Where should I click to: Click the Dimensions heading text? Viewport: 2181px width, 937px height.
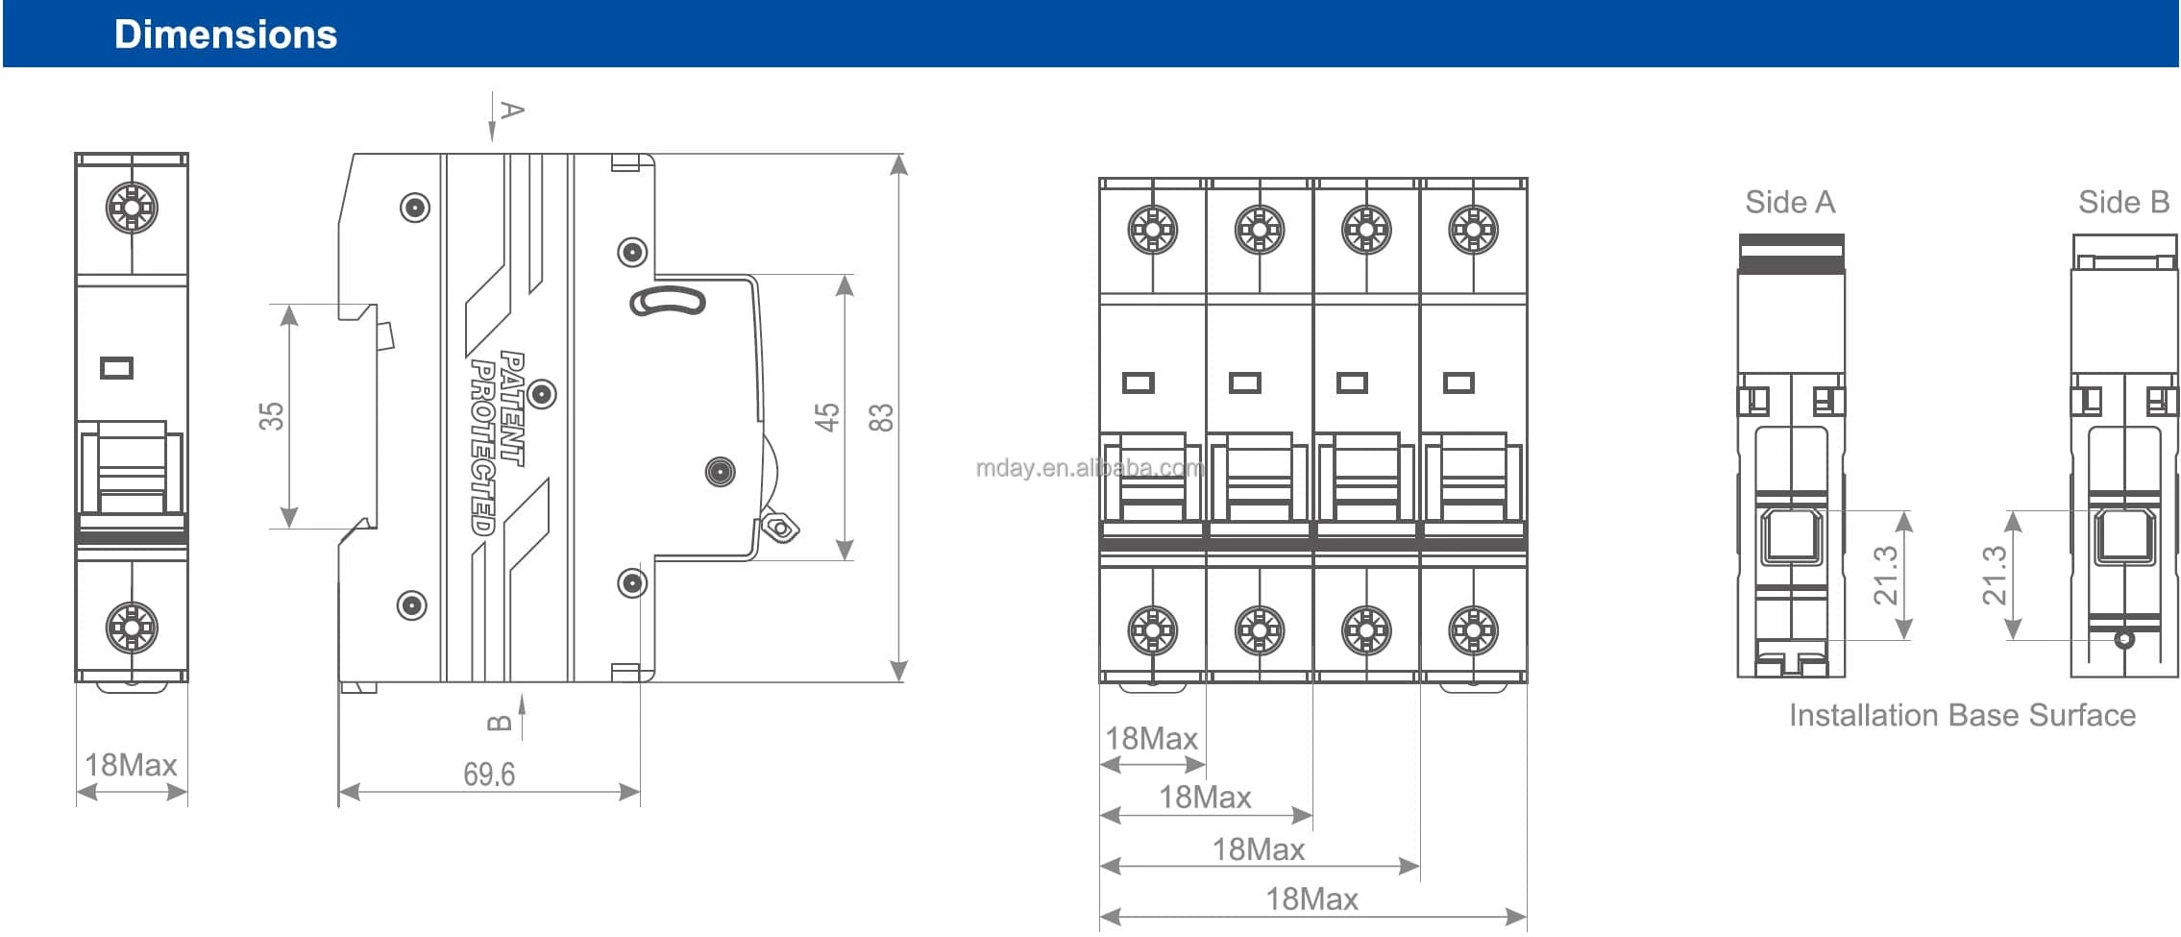tap(226, 35)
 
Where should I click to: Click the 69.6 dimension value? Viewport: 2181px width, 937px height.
tap(489, 774)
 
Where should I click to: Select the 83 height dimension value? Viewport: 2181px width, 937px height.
tap(880, 417)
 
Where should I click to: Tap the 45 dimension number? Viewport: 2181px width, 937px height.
tap(827, 417)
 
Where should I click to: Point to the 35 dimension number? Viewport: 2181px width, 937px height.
tap(272, 416)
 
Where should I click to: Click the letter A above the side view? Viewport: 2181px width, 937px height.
tap(513, 111)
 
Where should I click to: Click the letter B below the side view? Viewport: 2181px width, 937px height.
tap(500, 723)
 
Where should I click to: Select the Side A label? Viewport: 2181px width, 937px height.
tap(1790, 203)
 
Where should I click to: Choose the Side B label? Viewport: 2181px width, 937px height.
tap(2123, 203)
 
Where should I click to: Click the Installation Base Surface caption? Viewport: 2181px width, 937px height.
tap(1962, 715)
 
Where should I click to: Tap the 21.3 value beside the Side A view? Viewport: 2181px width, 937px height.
tap(1886, 575)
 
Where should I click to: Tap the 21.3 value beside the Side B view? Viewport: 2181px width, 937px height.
tap(1995, 575)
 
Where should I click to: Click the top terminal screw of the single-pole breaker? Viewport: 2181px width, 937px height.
tap(132, 207)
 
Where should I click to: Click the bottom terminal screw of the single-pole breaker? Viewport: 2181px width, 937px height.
tap(132, 627)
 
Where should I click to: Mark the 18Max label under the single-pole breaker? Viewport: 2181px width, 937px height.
tap(132, 765)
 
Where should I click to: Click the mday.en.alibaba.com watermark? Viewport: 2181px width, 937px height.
tap(1090, 468)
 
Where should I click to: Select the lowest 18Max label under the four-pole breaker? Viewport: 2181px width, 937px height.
tap(1311, 900)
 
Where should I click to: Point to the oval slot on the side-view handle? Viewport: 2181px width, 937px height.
tap(668, 302)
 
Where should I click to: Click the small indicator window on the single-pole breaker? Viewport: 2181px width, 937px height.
tap(117, 368)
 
